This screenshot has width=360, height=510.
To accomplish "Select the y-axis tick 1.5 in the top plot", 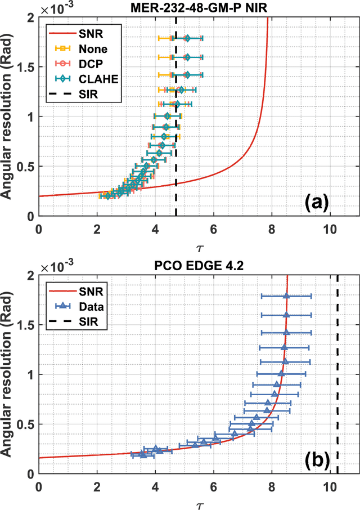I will click(x=26, y=67).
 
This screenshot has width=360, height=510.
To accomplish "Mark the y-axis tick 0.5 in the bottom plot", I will click(x=26, y=424).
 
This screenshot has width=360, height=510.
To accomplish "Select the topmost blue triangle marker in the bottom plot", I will click(x=286, y=296).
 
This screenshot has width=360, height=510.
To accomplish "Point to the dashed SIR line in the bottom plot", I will click(x=337, y=394).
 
